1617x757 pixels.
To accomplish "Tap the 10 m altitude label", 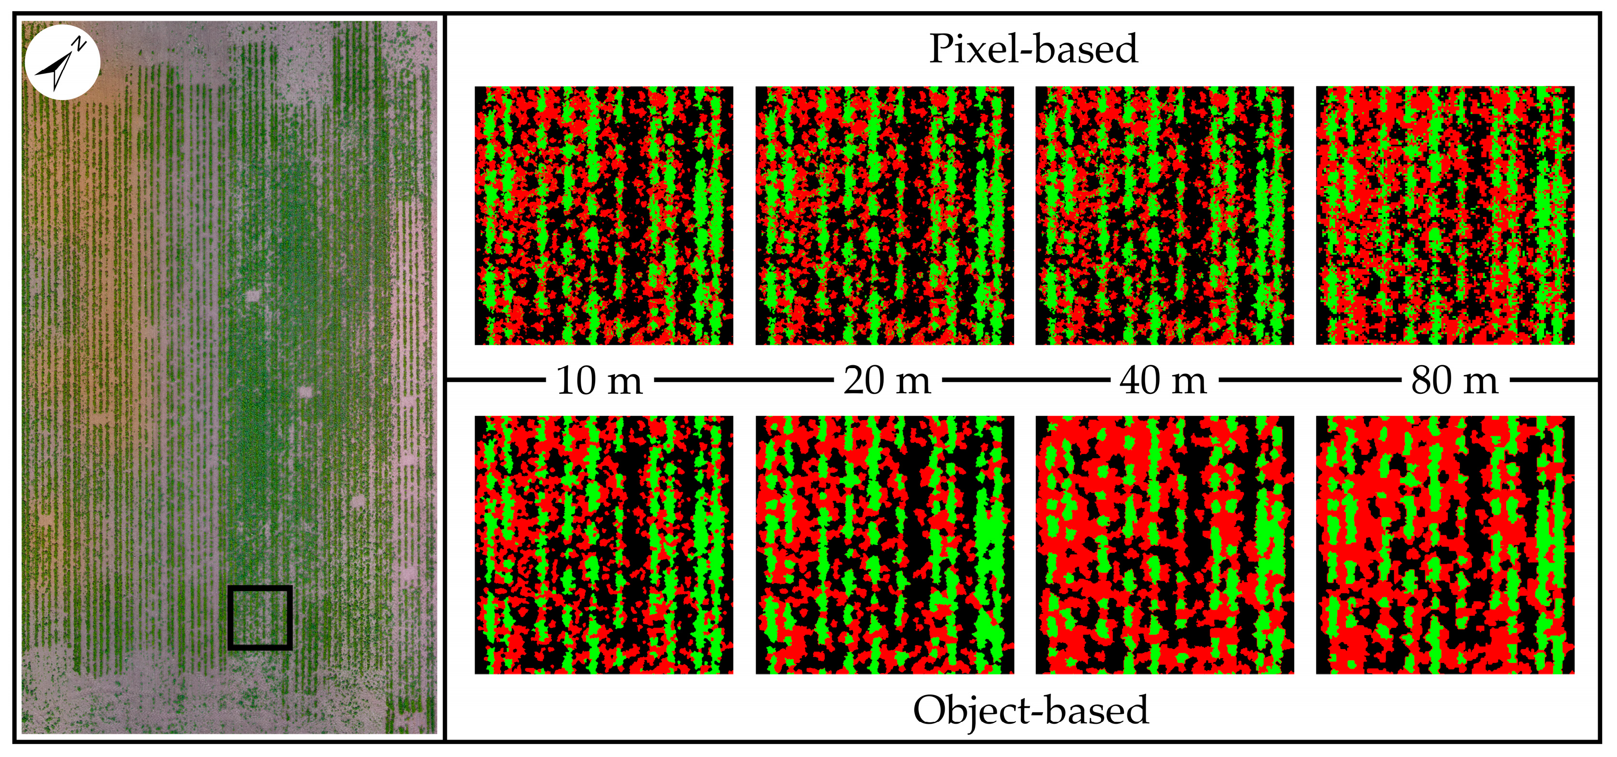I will coord(600,380).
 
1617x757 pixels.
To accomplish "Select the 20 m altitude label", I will coord(887,380).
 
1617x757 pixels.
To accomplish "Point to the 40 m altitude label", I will coord(1163,380).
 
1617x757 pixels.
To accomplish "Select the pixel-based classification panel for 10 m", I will coord(604,215).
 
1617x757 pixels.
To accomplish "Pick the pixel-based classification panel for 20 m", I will coord(884,215).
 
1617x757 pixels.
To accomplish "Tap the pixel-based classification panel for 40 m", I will coord(1164,215).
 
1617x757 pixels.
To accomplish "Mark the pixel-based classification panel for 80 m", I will coord(1445,215).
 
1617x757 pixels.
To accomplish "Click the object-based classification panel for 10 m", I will coord(604,545).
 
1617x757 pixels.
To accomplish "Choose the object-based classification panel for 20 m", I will coord(884,545).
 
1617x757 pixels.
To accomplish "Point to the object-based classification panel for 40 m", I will coord(1164,545).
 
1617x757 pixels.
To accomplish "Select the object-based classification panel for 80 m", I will coord(1445,545).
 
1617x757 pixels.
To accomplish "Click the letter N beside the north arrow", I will coord(79,43).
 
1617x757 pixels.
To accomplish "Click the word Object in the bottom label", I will coord(967,711).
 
